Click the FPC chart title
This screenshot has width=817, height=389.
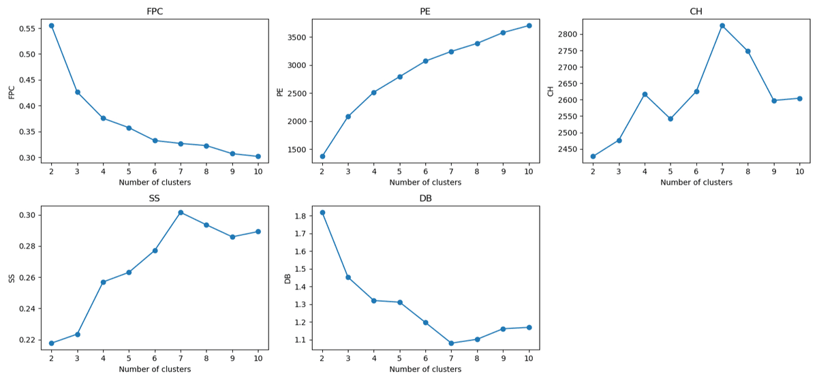155,12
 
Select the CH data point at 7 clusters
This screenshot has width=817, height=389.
722,26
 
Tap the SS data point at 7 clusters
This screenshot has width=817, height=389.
181,213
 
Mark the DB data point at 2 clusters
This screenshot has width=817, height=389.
322,213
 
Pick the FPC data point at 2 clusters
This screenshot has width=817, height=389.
51,26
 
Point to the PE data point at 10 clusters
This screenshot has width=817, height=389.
529,26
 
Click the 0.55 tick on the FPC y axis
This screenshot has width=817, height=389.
27,29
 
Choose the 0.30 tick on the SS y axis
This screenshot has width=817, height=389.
27,215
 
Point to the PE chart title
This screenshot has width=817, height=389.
425,12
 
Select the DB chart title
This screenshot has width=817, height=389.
425,198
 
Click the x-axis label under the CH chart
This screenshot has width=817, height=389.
696,183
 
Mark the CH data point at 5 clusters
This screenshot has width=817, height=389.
670,119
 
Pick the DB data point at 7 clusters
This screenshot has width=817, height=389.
451,343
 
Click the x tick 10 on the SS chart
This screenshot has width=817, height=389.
258,358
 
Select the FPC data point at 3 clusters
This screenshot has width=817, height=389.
77,92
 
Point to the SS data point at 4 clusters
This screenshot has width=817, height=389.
103,282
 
